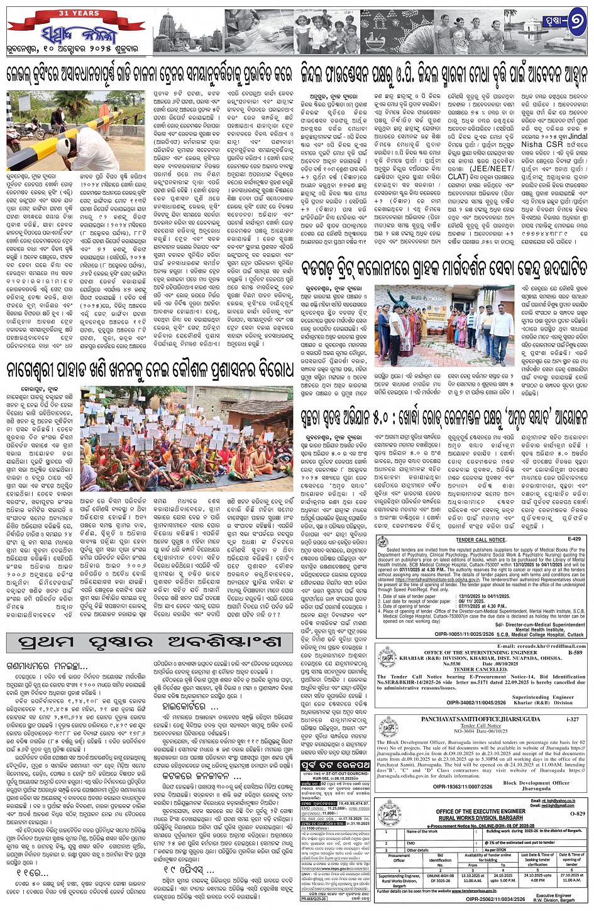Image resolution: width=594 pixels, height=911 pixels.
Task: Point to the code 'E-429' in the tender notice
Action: (x=573, y=539)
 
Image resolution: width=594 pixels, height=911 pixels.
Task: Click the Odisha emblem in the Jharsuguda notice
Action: (x=388, y=727)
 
